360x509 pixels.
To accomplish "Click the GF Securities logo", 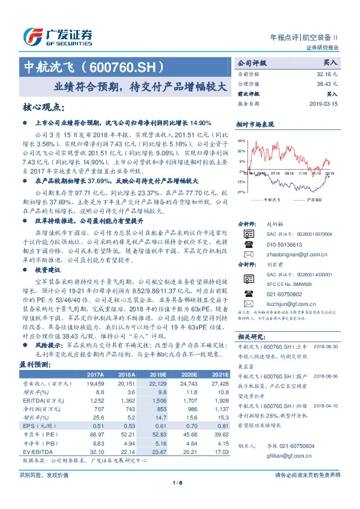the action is click(57, 35).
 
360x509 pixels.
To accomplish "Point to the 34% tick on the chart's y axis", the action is click(241, 140).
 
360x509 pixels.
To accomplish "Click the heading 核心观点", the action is click(44, 108).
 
